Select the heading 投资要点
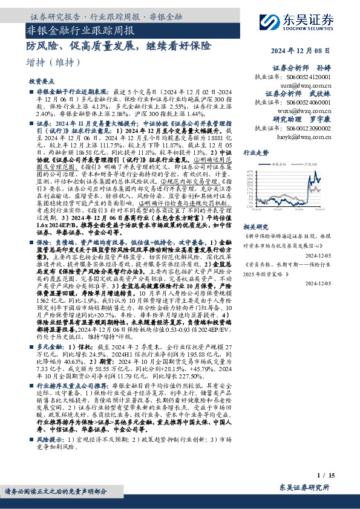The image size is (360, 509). (41, 81)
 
